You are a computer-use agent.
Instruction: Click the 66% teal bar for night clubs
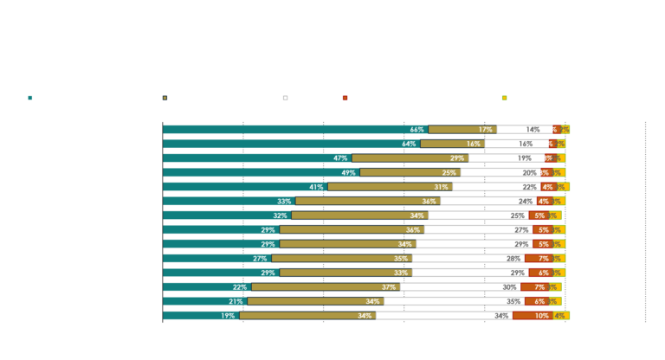coord(295,129)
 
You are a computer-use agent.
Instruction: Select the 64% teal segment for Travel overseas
coord(291,144)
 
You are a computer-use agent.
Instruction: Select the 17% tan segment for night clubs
coord(462,129)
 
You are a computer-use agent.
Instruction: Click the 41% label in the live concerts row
coord(316,186)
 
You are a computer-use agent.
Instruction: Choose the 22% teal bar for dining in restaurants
coord(207,286)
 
